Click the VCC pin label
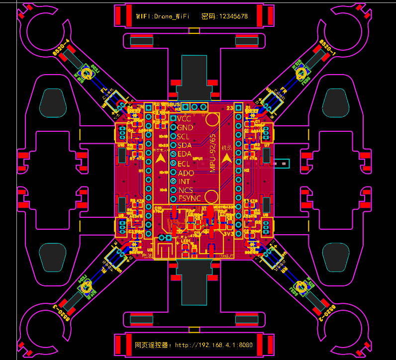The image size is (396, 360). [x=184, y=119]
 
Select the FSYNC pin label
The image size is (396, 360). [x=189, y=199]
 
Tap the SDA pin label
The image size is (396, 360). [x=185, y=146]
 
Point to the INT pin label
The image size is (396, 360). [x=184, y=181]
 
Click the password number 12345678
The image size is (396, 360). [x=231, y=16]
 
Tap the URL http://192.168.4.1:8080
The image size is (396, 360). [x=214, y=345]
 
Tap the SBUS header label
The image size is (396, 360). [x=174, y=104]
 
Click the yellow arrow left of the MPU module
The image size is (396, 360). [x=161, y=158]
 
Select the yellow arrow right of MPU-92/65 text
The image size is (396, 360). [x=227, y=158]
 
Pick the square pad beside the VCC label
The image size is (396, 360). [x=173, y=119]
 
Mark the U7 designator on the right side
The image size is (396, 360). [x=267, y=145]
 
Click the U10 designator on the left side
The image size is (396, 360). [x=121, y=145]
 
